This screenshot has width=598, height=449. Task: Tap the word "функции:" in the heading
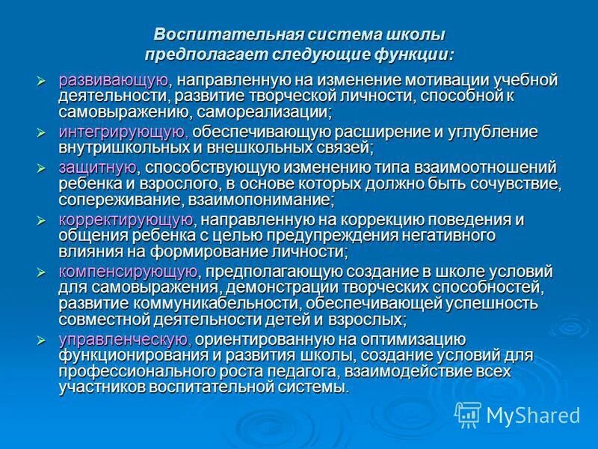click(x=415, y=54)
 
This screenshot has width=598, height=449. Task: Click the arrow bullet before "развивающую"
click(x=42, y=80)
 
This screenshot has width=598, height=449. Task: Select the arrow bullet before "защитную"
click(x=42, y=167)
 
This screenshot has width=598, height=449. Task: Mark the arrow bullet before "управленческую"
click(x=42, y=340)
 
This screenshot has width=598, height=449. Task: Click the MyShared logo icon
click(x=468, y=412)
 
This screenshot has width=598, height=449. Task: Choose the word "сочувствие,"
click(x=514, y=183)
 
